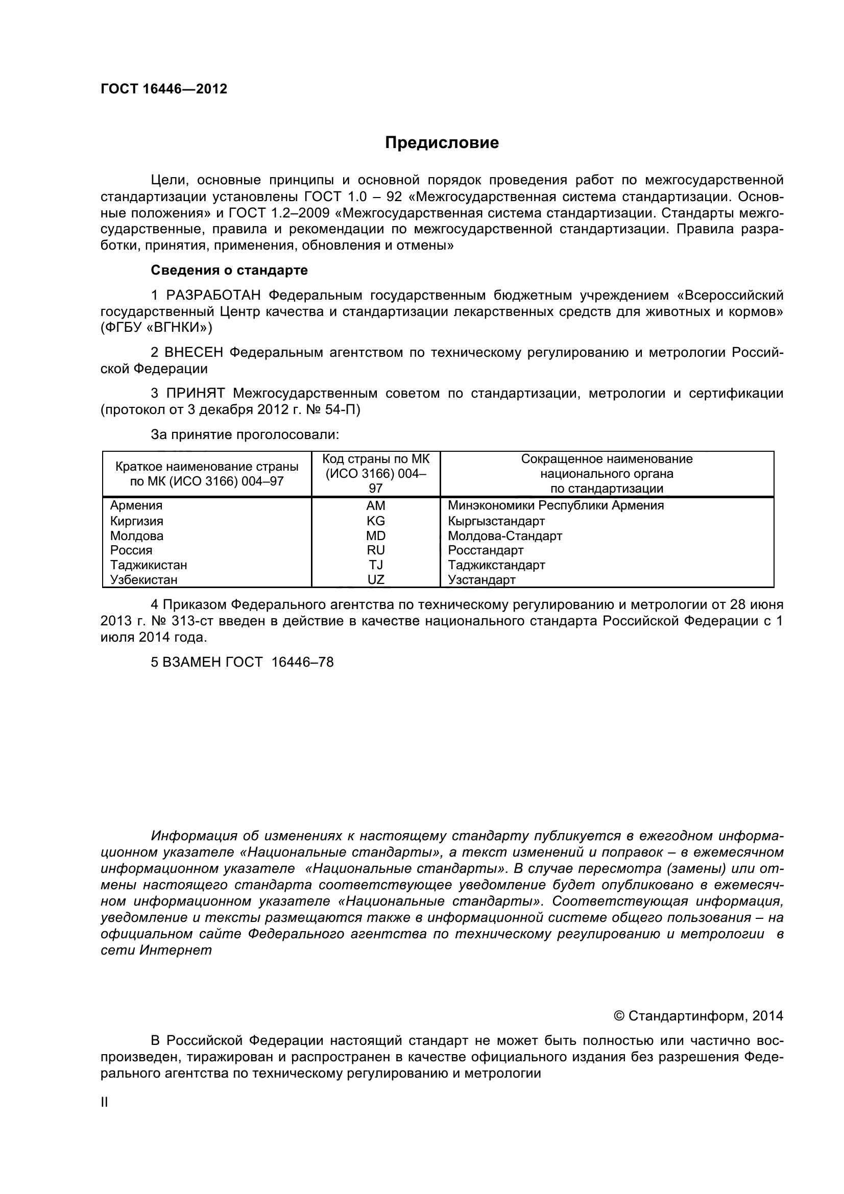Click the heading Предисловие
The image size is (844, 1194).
[x=442, y=142]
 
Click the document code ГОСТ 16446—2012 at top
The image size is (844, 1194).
[x=164, y=89]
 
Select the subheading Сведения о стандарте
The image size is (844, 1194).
[x=229, y=271]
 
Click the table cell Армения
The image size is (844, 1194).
[x=136, y=505]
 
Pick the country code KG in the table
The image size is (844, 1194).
[x=375, y=521]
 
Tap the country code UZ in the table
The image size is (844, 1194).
[x=375, y=579]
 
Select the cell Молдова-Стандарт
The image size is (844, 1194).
[x=505, y=535]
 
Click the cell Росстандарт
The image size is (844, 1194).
[x=486, y=550]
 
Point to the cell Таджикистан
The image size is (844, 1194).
[x=149, y=565]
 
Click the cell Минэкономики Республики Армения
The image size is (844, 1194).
[x=556, y=505]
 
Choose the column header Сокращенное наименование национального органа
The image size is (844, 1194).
[x=607, y=473]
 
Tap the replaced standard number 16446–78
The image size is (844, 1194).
[x=303, y=662]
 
